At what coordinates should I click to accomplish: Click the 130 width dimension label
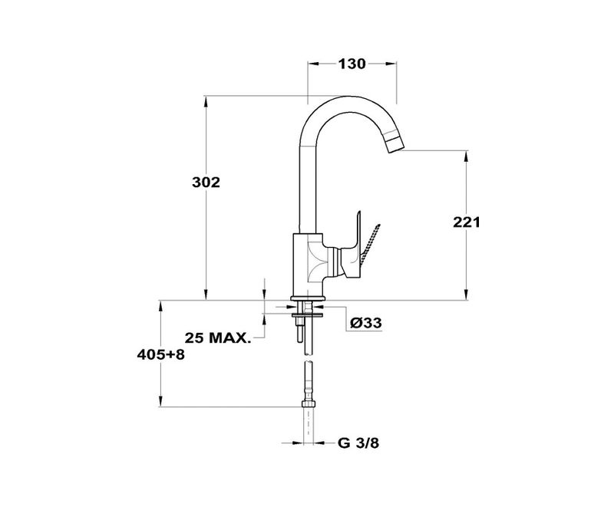click(x=352, y=64)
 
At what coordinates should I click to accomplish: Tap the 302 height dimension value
click(x=206, y=183)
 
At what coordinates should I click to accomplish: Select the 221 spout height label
click(x=467, y=222)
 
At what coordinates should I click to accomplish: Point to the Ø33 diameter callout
click(x=366, y=323)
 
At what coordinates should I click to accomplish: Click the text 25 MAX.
click(x=217, y=337)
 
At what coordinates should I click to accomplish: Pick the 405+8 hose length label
click(x=160, y=355)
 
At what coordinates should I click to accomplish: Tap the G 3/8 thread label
click(x=358, y=443)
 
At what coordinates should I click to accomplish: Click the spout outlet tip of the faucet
click(x=396, y=147)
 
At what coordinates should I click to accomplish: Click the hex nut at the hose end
click(x=309, y=404)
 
